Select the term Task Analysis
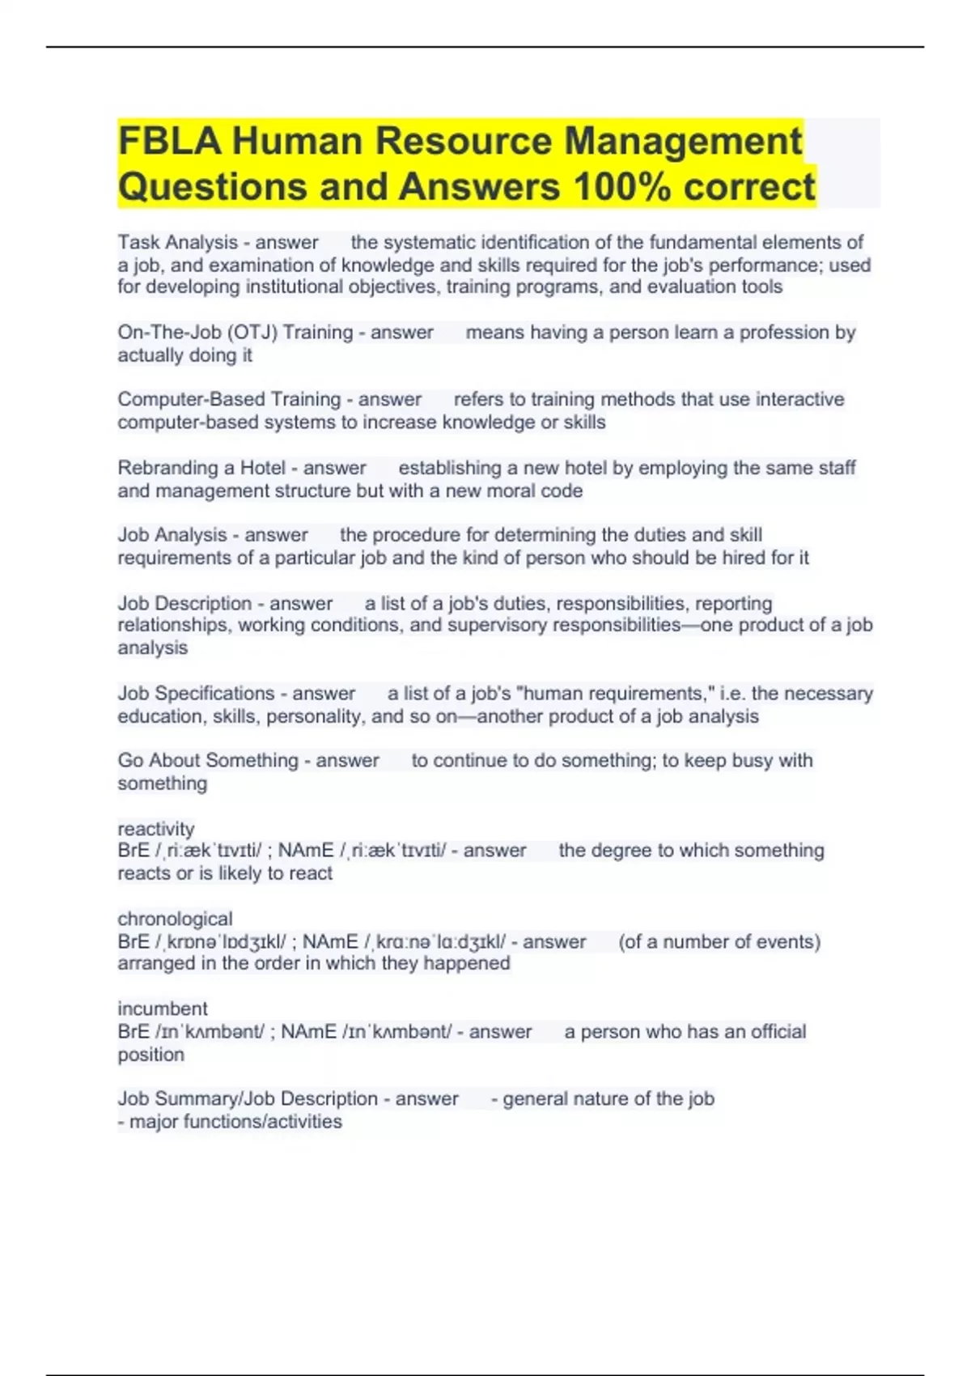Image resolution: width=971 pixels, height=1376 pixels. click(178, 242)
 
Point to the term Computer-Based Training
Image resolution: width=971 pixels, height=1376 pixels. click(229, 399)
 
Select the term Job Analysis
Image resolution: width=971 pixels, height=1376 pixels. click(172, 535)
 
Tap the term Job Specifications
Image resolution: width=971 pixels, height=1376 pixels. click(196, 693)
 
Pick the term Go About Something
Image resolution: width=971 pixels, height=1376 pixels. click(208, 760)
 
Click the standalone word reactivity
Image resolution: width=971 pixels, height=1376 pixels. click(156, 829)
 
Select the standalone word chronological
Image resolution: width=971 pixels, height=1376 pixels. click(175, 919)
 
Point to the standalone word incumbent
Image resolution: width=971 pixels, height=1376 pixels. click(163, 1009)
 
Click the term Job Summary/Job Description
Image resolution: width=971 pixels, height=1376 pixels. click(248, 1098)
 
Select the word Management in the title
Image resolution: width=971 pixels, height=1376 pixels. click(683, 141)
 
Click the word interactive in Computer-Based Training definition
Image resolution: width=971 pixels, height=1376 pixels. click(799, 399)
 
